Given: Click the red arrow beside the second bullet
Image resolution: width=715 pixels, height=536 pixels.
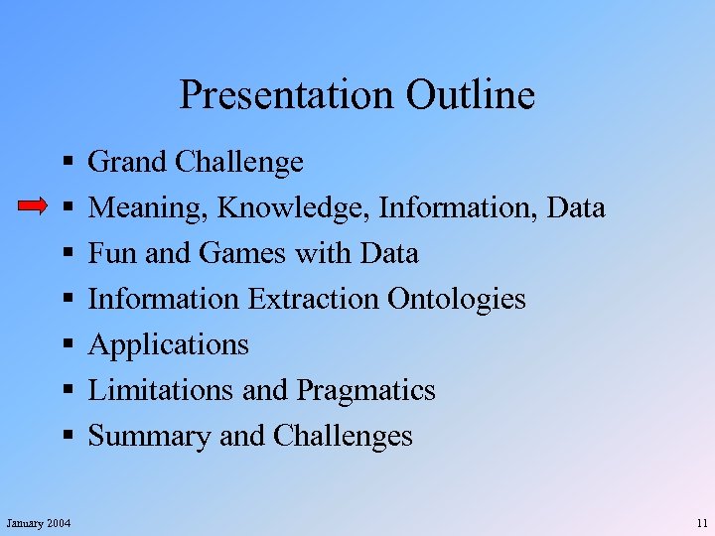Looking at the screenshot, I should [34, 206].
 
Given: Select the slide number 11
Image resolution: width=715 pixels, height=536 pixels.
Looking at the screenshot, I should [702, 522].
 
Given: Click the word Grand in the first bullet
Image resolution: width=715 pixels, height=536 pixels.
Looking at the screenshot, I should [127, 161].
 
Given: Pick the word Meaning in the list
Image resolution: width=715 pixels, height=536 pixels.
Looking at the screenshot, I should [149, 207].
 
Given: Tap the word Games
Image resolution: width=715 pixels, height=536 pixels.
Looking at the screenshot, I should [237, 253].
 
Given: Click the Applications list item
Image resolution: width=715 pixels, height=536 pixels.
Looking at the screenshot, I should [169, 344].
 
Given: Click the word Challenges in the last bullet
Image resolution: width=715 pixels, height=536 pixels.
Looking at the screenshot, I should [343, 436].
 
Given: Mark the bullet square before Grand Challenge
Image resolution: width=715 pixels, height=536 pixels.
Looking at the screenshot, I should [65, 161].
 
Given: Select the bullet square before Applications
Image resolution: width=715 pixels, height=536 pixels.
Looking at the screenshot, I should [65, 344].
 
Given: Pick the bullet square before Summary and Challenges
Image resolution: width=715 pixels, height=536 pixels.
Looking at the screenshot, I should [65, 436].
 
